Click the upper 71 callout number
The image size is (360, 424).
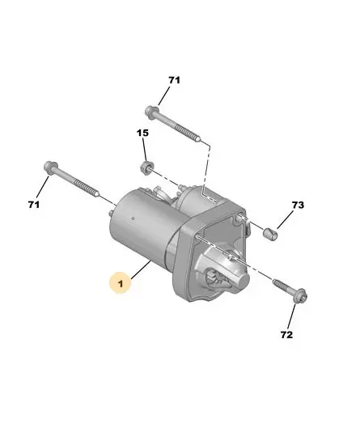click(x=174, y=80)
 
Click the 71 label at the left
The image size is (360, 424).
click(x=34, y=205)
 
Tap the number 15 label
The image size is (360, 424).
click(x=142, y=133)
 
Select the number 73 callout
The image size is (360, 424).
click(x=298, y=205)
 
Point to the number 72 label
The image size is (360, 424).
click(x=286, y=335)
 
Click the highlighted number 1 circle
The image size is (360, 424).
click(x=121, y=283)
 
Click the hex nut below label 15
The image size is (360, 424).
click(x=146, y=167)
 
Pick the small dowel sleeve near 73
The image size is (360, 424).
click(x=270, y=234)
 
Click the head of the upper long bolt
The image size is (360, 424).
click(x=151, y=112)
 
